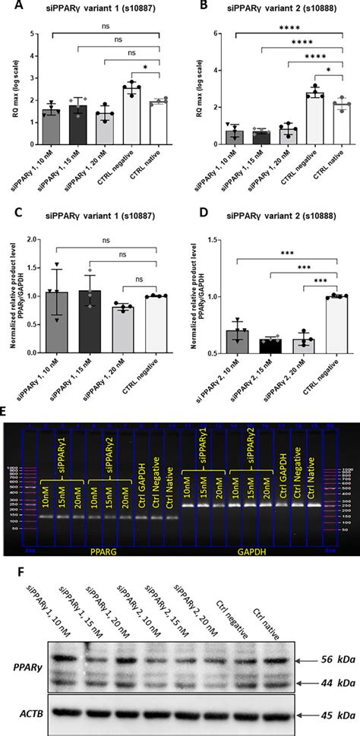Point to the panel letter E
click(8, 411)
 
